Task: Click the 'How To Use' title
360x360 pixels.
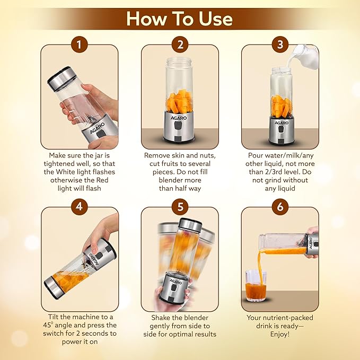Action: tap(180, 19)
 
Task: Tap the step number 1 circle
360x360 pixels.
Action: tap(80, 45)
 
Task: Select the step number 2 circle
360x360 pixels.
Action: tap(180, 45)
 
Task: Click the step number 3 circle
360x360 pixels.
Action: tap(280, 45)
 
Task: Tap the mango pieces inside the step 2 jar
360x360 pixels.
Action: tap(180, 101)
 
